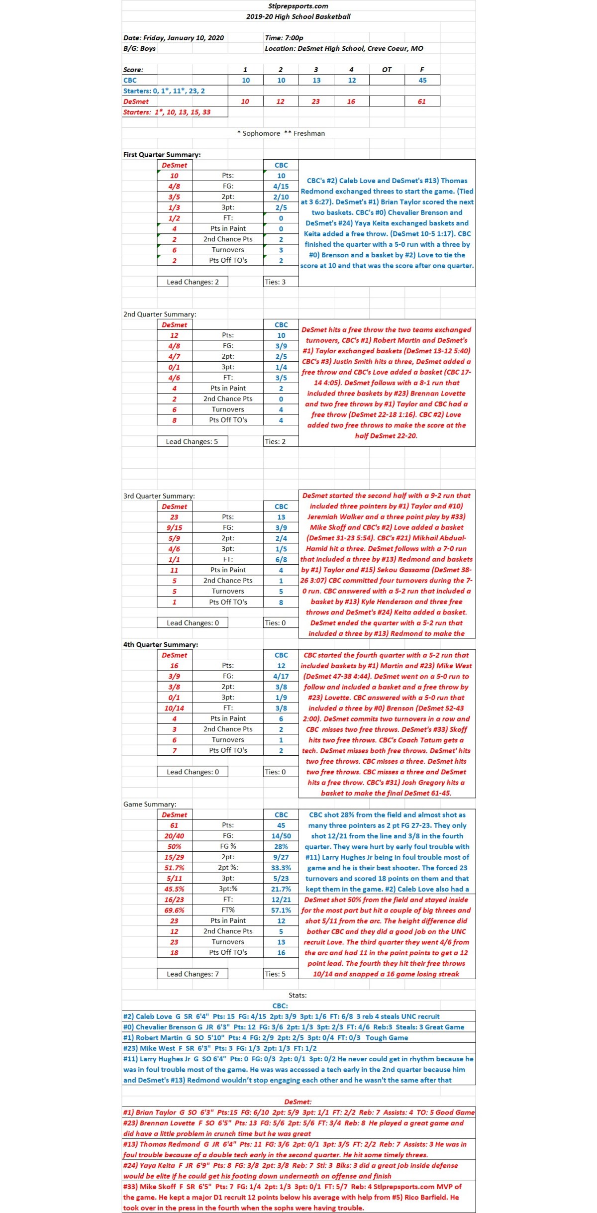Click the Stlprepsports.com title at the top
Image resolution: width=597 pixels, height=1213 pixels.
[x=298, y=6]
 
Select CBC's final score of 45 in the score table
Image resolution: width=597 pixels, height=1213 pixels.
[x=422, y=80]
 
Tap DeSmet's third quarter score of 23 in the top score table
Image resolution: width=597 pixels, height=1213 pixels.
[x=316, y=101]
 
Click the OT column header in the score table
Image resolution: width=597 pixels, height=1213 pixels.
[x=387, y=70]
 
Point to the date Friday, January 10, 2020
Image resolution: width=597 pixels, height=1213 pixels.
[x=174, y=38]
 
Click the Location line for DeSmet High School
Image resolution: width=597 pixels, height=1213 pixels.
[x=344, y=49]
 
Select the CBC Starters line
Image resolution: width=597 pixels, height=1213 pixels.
[x=164, y=91]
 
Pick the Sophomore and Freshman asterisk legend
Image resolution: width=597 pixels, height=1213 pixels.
[x=281, y=133]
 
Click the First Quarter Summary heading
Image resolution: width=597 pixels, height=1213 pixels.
[x=162, y=155]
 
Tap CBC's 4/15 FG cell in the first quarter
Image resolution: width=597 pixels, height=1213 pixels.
[x=281, y=187]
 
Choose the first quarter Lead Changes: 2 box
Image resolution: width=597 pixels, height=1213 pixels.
[x=193, y=282]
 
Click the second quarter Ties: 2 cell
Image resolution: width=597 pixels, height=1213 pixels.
[x=275, y=442]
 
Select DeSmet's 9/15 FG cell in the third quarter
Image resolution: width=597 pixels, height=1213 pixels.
[x=174, y=528]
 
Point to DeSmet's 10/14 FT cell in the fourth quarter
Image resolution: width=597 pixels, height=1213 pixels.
[x=174, y=708]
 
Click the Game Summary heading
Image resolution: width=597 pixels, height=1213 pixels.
[x=150, y=805]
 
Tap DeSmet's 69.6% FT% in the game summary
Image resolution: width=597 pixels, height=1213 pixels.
[x=174, y=910]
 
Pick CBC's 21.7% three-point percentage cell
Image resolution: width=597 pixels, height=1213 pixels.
[x=281, y=889]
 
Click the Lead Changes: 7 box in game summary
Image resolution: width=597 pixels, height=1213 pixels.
[x=193, y=974]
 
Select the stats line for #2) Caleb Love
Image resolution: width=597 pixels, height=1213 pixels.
[x=281, y=1016]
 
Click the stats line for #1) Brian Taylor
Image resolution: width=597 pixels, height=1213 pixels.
[x=298, y=1112]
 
